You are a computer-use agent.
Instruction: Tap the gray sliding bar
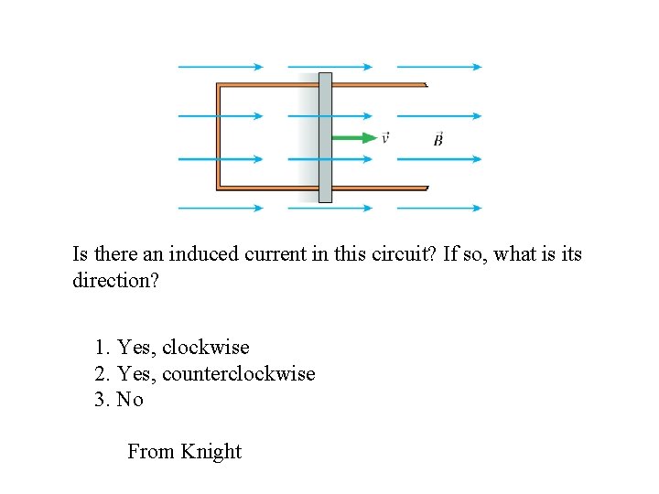pos(325,137)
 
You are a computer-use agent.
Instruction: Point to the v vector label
pos(385,138)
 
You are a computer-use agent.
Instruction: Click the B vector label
pos(438,139)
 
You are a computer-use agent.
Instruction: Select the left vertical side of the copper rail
pos(219,137)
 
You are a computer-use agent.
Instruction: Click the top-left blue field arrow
pos(220,67)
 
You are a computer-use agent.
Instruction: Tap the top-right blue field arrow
pos(439,67)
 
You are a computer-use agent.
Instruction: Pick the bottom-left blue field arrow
pos(220,209)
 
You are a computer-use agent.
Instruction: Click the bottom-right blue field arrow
pos(439,209)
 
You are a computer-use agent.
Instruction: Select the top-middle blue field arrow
pos(329,67)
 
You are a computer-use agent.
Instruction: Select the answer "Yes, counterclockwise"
pos(205,374)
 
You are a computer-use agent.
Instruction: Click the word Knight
pos(211,452)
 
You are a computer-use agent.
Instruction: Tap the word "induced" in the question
pos(207,254)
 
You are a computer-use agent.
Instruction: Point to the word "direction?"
pos(115,281)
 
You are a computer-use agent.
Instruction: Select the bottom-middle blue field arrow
pos(329,209)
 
